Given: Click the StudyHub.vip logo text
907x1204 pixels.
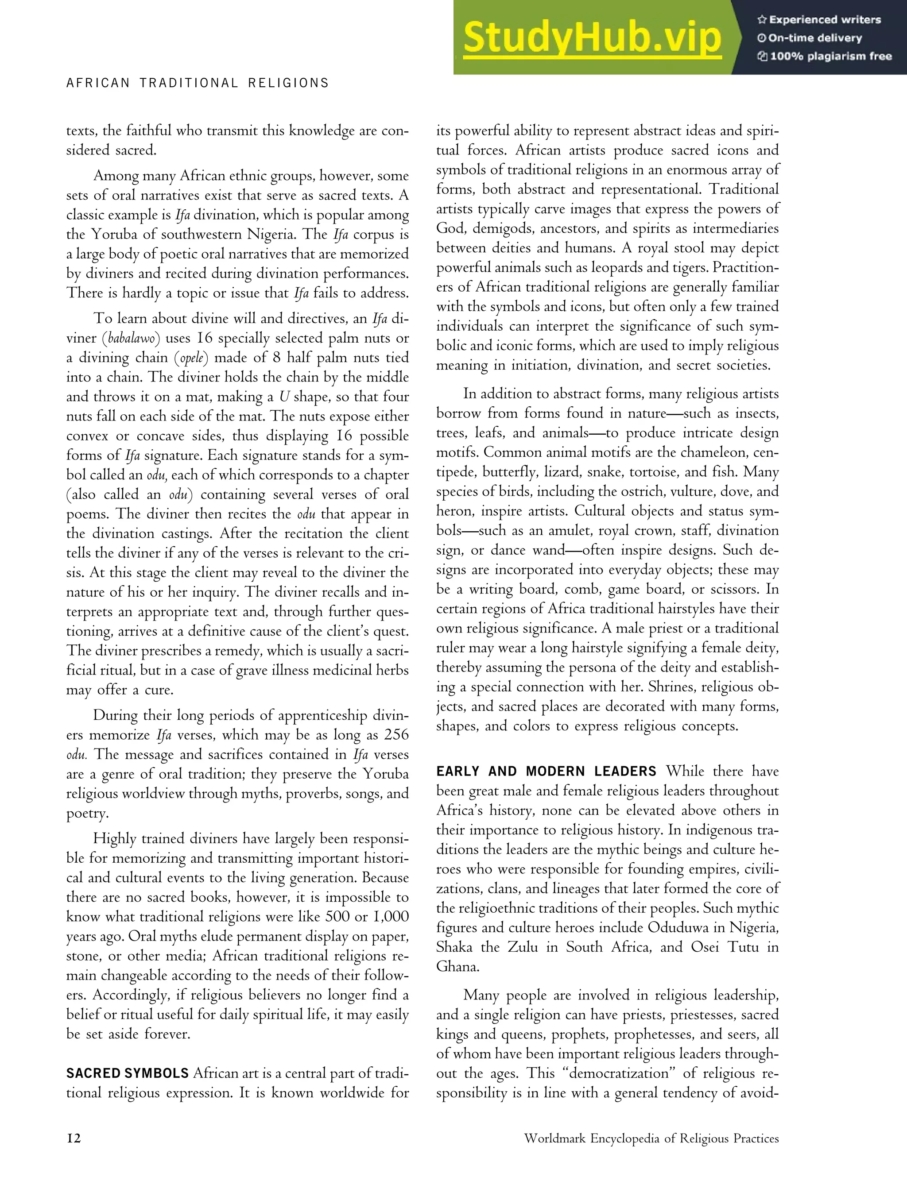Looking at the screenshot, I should tap(592, 38).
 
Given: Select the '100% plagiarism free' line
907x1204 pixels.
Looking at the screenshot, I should tap(824, 56).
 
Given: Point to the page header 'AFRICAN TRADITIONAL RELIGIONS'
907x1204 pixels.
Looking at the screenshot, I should tap(198, 83).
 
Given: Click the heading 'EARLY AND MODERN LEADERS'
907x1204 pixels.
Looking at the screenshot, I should tap(546, 771).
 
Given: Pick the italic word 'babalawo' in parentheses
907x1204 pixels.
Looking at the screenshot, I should tap(131, 339).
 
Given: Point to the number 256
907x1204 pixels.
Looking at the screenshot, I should tap(396, 735).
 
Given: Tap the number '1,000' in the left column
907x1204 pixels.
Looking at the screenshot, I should tap(390, 917).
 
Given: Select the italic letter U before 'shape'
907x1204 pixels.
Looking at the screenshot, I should tap(284, 397).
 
